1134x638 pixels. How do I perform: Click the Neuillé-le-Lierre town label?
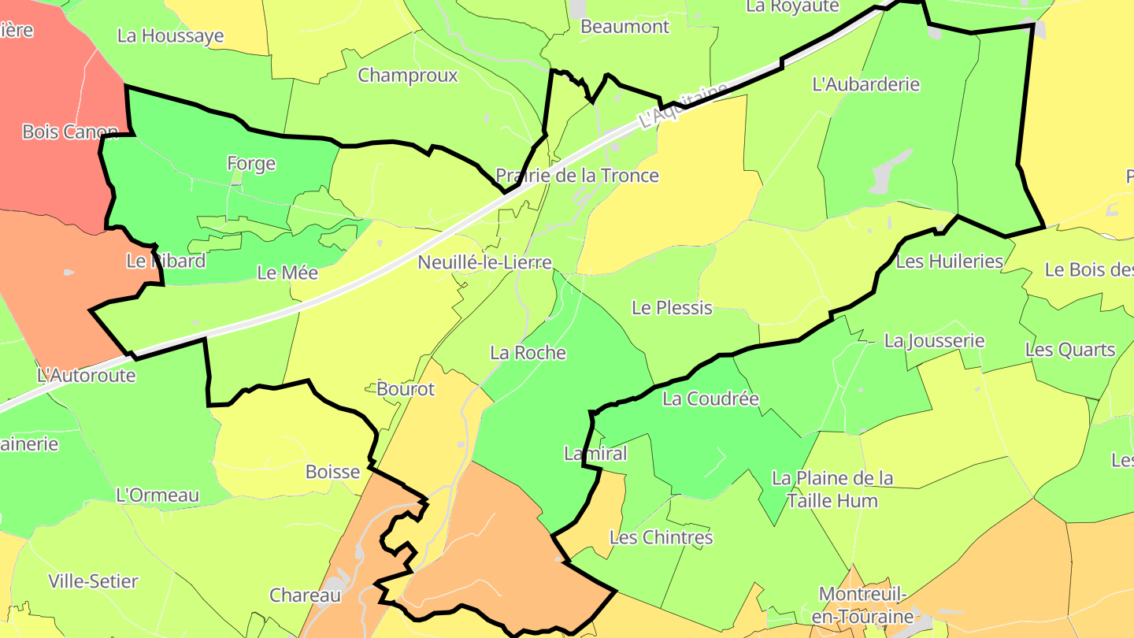click(485, 262)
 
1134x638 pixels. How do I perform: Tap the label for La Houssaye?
click(170, 35)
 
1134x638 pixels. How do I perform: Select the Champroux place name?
click(407, 76)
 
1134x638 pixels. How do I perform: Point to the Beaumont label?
click(624, 26)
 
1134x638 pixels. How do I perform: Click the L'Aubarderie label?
click(865, 84)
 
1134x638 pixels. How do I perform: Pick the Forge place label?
click(251, 163)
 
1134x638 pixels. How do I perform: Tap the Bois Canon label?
click(70, 132)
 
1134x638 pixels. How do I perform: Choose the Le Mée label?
click(287, 273)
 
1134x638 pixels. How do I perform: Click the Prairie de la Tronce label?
click(576, 175)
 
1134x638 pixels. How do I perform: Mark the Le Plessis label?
click(672, 308)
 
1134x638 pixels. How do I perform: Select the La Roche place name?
click(528, 352)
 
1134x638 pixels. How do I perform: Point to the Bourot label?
click(406, 388)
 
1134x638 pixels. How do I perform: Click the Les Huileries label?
click(950, 261)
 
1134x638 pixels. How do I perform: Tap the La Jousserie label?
click(934, 340)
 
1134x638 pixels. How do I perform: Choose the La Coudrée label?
click(710, 399)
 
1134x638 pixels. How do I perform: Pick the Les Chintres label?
click(661, 537)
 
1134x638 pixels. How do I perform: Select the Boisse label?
click(332, 472)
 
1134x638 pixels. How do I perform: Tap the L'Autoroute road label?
click(86, 375)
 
